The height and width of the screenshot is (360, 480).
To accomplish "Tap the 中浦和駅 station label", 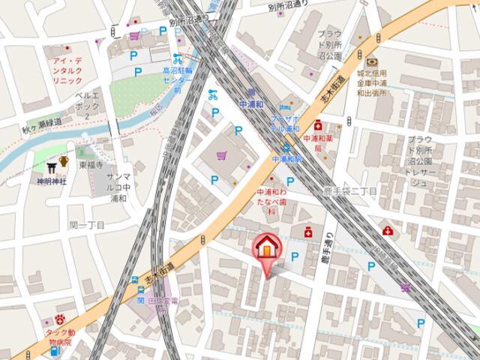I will [286, 160].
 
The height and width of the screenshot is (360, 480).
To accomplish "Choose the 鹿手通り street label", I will [327, 247].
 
